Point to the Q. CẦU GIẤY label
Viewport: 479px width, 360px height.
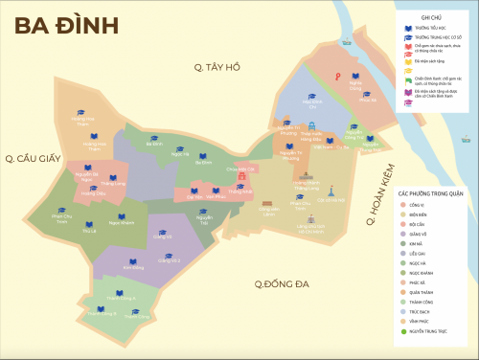click(36, 158)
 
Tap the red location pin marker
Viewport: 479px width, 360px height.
click(337, 77)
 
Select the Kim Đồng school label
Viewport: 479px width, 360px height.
click(134, 268)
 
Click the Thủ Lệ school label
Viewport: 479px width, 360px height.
click(90, 232)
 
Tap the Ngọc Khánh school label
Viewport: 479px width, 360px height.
click(121, 223)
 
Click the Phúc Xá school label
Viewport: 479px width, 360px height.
click(367, 99)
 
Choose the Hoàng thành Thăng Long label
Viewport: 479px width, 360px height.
click(307, 185)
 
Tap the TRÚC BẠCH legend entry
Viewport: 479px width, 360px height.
click(422, 311)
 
